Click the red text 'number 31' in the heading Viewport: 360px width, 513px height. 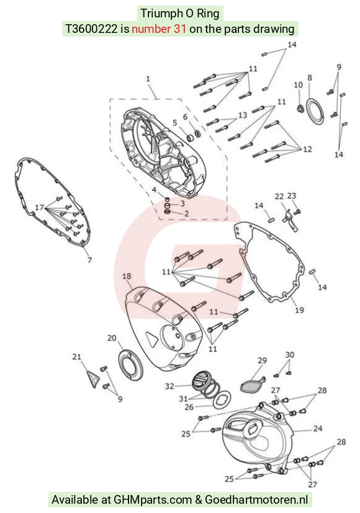tap(159, 29)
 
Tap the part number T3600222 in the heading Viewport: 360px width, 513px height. tap(91, 29)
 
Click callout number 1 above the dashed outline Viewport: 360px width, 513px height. tap(148, 79)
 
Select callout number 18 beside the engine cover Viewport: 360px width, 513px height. tap(127, 276)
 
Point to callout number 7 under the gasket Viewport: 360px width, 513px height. tap(89, 260)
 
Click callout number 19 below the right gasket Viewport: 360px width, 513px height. tap(299, 310)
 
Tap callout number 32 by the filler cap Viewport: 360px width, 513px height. tap(169, 386)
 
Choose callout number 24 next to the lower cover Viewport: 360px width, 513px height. tap(318, 428)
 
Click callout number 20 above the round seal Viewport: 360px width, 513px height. tap(112, 338)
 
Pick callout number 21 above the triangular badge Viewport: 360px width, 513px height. tap(76, 357)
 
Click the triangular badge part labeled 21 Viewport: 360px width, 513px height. tap(92, 379)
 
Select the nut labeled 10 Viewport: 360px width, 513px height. tap(299, 108)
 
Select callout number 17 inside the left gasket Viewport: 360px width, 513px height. tap(40, 207)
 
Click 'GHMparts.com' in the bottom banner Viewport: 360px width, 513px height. tap(153, 499)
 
